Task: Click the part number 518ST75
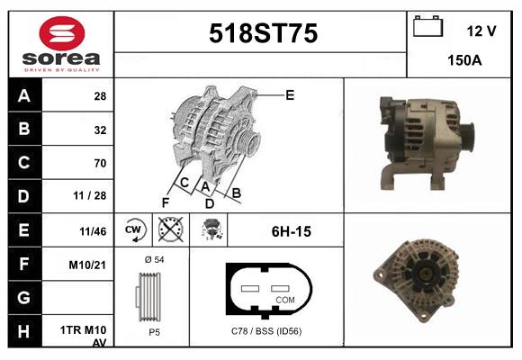(263, 34)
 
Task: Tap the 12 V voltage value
(481, 31)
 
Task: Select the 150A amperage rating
(465, 62)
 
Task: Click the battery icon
(427, 28)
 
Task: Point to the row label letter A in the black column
(22, 96)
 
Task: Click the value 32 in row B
(100, 130)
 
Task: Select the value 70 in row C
(100, 163)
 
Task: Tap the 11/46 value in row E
(93, 231)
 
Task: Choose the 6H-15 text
(291, 232)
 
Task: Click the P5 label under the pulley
(154, 331)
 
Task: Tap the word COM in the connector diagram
(285, 299)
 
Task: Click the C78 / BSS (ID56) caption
(266, 331)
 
